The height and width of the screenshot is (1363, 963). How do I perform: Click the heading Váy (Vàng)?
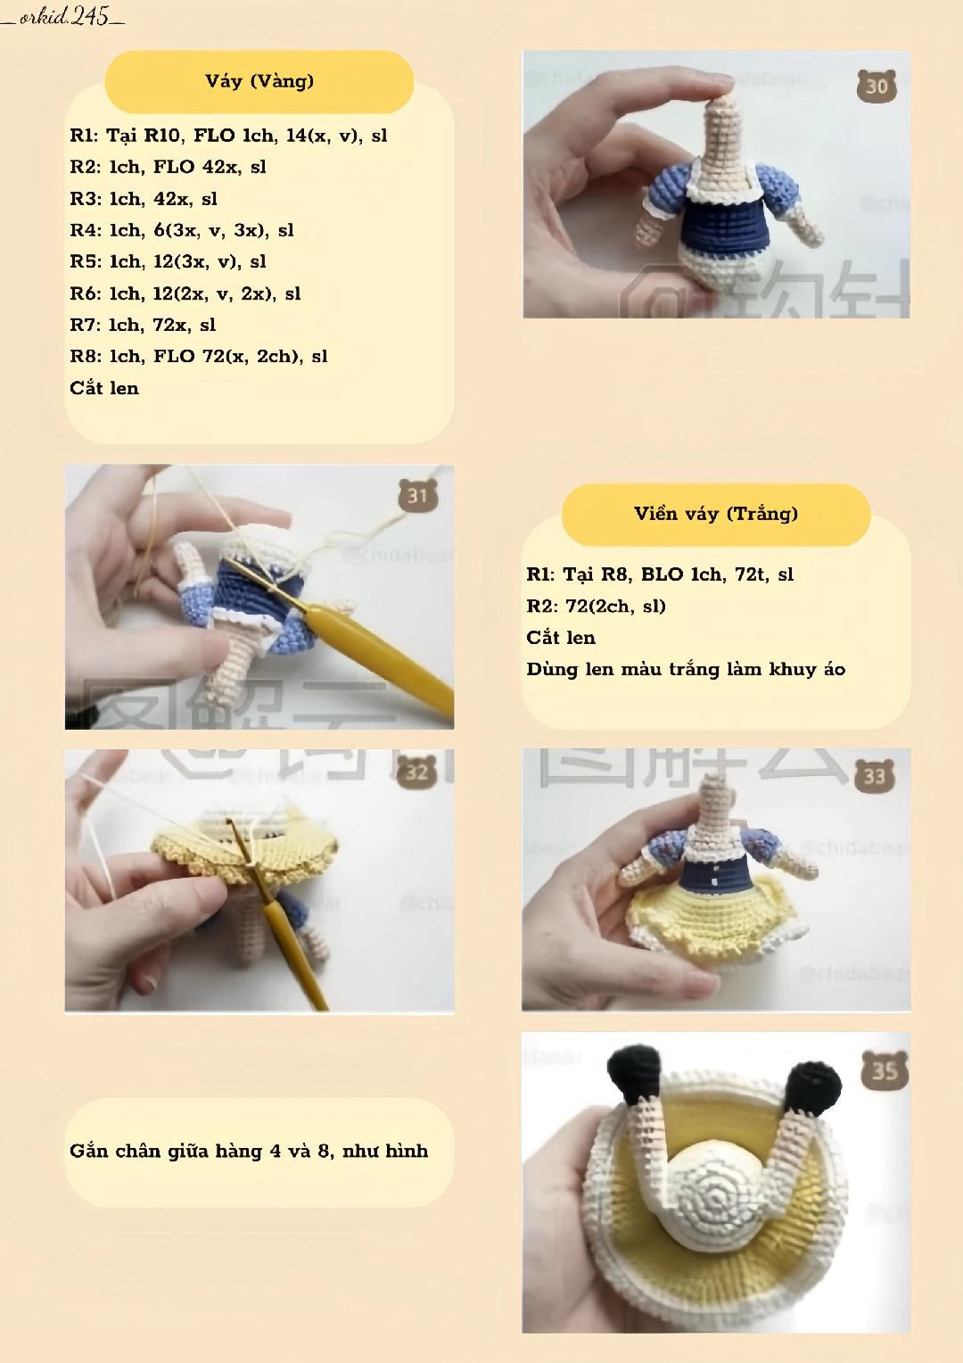[x=259, y=81]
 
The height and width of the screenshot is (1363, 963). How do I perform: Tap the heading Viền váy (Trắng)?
[x=715, y=514]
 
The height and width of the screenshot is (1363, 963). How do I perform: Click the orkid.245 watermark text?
[x=63, y=16]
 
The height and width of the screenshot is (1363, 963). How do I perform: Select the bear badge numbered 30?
[x=877, y=86]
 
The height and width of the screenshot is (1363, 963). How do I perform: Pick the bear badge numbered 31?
[x=417, y=495]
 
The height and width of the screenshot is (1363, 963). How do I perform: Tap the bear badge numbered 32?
[x=416, y=772]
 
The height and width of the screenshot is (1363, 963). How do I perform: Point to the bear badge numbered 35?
[x=884, y=1069]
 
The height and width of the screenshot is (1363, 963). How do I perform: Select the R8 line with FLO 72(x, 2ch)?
[x=198, y=357]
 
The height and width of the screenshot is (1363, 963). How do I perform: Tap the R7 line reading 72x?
[x=143, y=325]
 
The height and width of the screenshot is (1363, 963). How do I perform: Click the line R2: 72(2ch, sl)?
[x=596, y=607]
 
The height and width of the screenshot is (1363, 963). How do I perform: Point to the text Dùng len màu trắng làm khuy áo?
[x=685, y=669]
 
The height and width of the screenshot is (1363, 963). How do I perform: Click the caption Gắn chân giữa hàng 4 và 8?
[x=249, y=1151]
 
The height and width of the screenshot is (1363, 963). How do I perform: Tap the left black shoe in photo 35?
[x=635, y=1074]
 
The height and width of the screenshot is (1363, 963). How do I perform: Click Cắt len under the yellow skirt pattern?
[x=104, y=388]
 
